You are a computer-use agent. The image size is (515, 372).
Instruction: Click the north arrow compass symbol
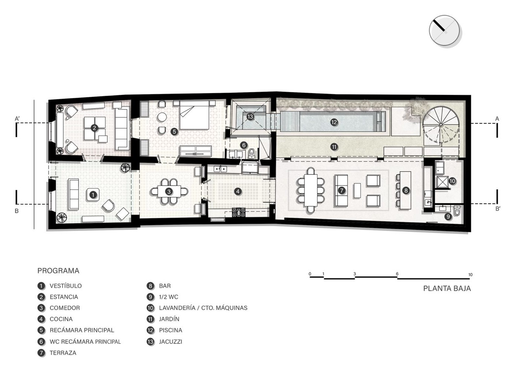tap(444, 30)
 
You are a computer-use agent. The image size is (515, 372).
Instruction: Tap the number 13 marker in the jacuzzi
tap(250, 117)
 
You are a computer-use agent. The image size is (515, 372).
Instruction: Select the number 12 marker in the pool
tap(334, 122)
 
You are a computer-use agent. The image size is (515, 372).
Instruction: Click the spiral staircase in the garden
tap(441, 125)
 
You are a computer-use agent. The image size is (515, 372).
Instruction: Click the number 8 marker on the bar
tap(406, 190)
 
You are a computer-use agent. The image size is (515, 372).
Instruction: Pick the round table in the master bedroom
tap(162, 117)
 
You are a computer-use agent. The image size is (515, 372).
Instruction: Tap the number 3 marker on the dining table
tap(169, 192)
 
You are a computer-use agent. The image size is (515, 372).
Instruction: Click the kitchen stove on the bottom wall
tap(239, 212)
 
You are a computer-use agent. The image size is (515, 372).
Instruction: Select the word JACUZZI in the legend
tap(170, 342)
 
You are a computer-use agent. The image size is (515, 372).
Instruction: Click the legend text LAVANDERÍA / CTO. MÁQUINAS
tap(203, 308)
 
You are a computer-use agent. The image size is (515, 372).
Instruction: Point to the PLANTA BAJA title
tap(447, 288)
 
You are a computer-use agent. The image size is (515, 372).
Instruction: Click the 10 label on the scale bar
tap(470, 275)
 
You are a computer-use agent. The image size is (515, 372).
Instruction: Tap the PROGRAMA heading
tap(58, 271)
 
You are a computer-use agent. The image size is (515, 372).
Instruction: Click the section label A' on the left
tap(17, 119)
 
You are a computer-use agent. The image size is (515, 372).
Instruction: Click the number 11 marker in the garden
tap(334, 147)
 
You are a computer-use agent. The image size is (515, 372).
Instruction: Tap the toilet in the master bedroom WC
tap(252, 153)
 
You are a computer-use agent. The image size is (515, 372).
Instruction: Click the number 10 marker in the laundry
tap(452, 181)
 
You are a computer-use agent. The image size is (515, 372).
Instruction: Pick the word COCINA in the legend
tap(61, 319)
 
